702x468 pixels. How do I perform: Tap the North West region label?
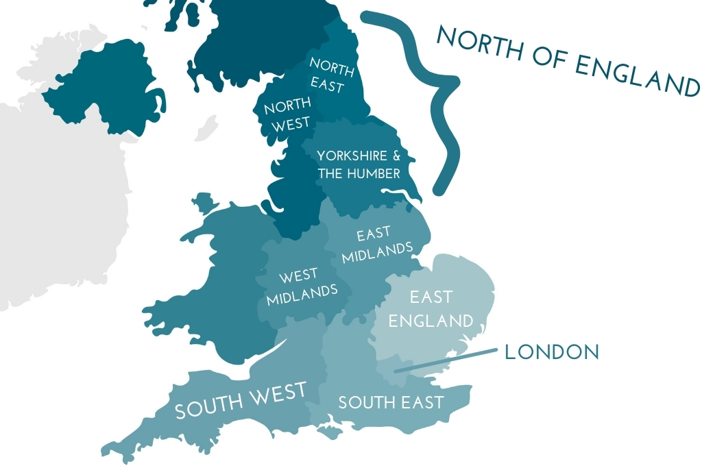point(287,114)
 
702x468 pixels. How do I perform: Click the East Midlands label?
point(376,244)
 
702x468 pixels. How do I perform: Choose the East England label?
point(431,308)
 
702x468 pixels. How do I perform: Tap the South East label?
point(391,402)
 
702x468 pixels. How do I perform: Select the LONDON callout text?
point(551,352)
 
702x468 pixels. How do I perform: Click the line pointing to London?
point(446,360)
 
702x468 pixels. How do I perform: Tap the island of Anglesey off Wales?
point(204,202)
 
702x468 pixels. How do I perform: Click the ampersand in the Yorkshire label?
point(396,156)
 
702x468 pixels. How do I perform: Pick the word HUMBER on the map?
point(373,173)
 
